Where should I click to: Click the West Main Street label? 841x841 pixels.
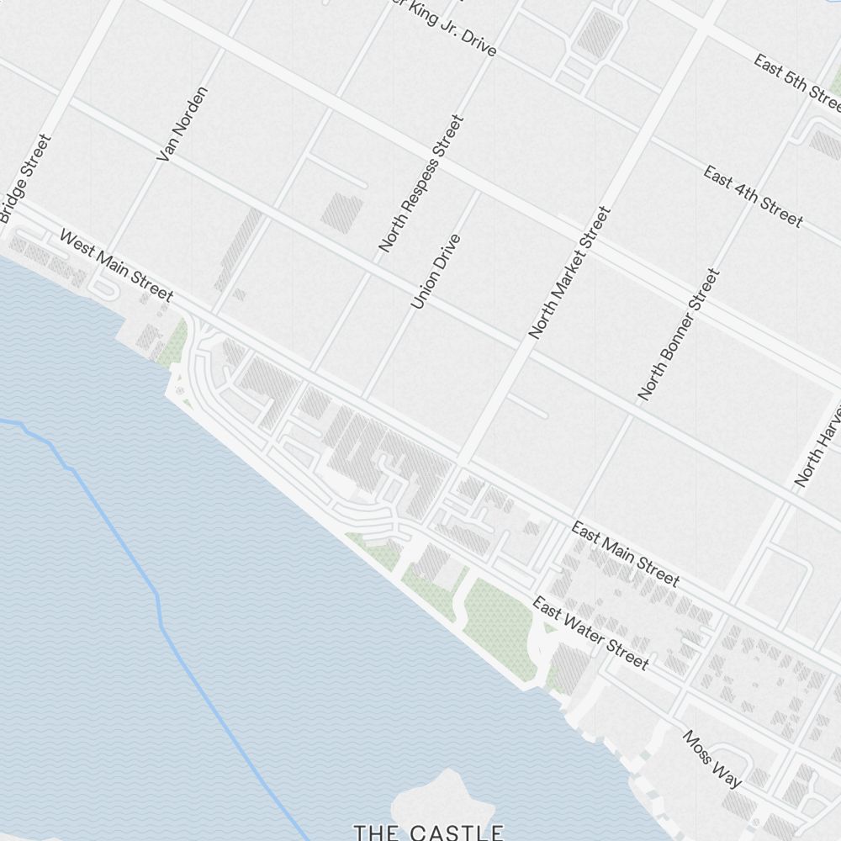pos(115,265)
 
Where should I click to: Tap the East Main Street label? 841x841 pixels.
pos(625,553)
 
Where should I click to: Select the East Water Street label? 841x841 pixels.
pos(590,633)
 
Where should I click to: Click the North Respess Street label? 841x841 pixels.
pos(421,184)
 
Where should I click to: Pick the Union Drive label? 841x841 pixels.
pos(436,271)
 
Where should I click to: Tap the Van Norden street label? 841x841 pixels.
pos(182,124)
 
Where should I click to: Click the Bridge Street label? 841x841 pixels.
pos(25,179)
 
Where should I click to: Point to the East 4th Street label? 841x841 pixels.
pos(753,197)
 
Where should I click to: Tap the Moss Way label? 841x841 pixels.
pos(711,759)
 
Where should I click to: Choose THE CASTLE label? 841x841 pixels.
pos(428,833)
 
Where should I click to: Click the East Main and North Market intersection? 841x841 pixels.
pos(461,465)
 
